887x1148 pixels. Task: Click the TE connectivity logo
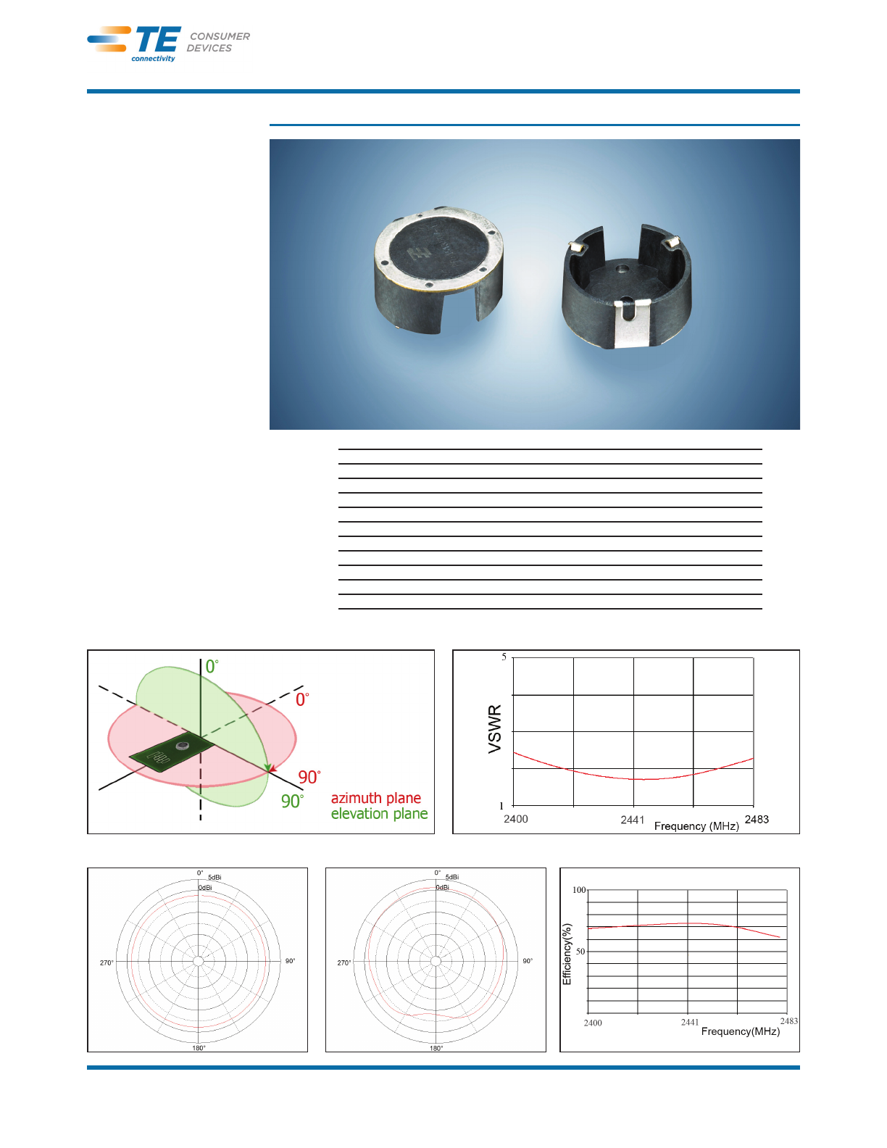point(134,44)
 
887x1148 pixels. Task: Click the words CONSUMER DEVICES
point(218,42)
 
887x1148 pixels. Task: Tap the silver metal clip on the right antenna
point(633,323)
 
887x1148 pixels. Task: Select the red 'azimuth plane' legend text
point(375,798)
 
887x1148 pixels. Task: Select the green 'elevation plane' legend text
point(379,814)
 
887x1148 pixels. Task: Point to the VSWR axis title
point(494,729)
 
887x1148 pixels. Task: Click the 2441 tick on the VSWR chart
point(633,820)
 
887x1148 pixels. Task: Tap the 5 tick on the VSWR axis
point(504,657)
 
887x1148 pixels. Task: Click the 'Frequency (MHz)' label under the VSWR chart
point(696,826)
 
